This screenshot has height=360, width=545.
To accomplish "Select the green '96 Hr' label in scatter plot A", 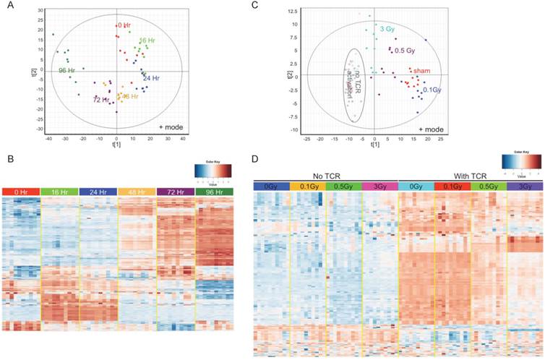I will (x=69, y=70).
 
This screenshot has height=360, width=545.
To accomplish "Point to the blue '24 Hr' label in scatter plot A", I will (x=152, y=77).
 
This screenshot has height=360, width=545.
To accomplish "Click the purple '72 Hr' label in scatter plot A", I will (x=102, y=99).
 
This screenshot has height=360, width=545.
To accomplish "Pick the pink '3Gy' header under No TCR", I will (x=380, y=187).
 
